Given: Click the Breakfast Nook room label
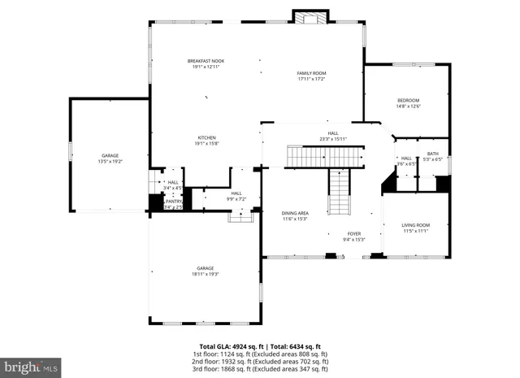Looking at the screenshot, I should tap(206, 64).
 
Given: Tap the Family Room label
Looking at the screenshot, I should tap(311, 76).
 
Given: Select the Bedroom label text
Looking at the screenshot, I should tap(408, 102).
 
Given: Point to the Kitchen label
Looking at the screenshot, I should tap(206, 141).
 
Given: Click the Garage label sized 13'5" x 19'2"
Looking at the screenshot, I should tap(110, 158).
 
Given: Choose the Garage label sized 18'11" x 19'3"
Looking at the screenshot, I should tap(205, 271).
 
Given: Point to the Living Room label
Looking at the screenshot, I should tap(416, 228).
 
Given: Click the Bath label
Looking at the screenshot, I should tap(432, 156).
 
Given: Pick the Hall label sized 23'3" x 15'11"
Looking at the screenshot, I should tap(333, 136).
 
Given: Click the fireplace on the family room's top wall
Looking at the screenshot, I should tap(310, 18).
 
